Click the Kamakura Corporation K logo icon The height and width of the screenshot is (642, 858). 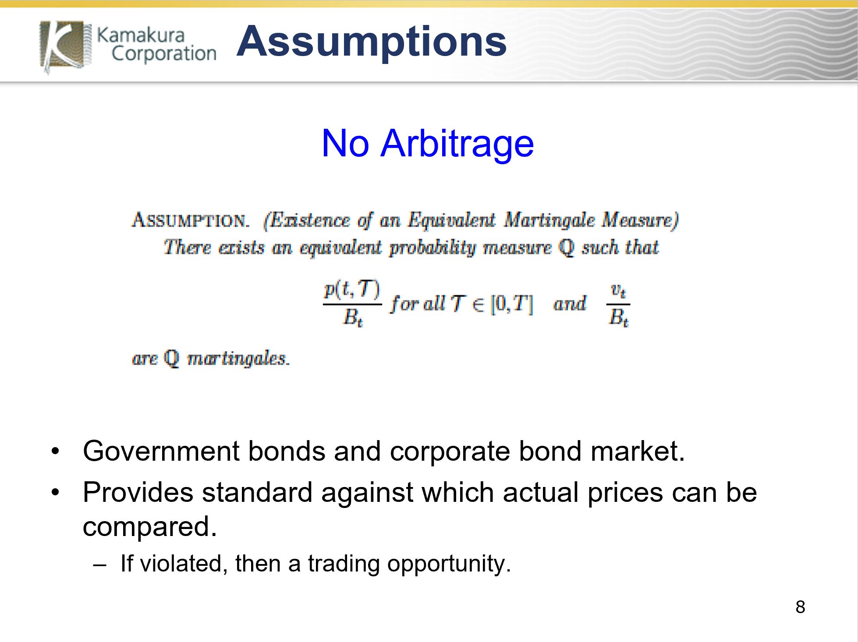(x=66, y=46)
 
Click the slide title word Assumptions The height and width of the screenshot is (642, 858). (x=372, y=42)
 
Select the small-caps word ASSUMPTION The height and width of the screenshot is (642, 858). (x=191, y=220)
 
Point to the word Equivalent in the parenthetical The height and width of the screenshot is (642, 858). (x=451, y=220)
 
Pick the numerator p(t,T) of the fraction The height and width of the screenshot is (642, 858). (x=352, y=289)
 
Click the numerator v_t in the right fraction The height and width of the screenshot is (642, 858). (x=618, y=290)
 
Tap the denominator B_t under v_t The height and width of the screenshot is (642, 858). (x=618, y=317)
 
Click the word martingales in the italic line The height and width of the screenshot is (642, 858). (x=238, y=358)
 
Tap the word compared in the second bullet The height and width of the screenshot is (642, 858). (x=149, y=527)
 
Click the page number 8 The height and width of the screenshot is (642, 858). (x=800, y=607)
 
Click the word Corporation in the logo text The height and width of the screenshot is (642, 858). (x=164, y=54)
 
